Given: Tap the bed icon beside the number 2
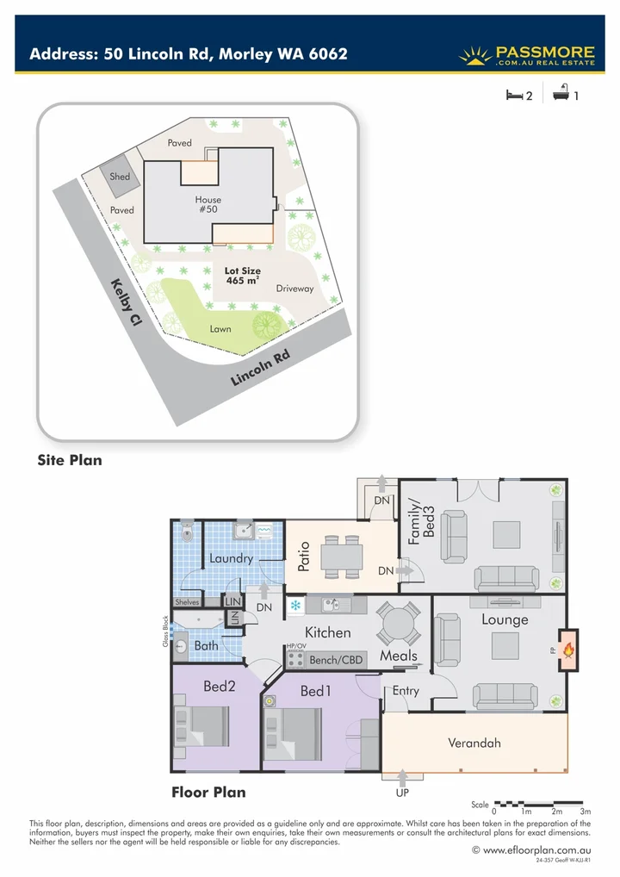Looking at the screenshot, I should [x=513, y=96].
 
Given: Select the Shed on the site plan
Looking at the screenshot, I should [x=120, y=177].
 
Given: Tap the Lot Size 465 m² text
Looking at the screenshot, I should [x=242, y=276].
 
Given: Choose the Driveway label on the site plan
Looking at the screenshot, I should [x=294, y=289].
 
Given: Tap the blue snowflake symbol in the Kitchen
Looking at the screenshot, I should [x=295, y=606].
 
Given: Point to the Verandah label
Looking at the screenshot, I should [x=474, y=743].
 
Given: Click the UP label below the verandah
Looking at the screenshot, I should [x=401, y=792].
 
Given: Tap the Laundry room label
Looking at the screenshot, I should [x=231, y=558].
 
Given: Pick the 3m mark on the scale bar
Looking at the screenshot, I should [x=586, y=812].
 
